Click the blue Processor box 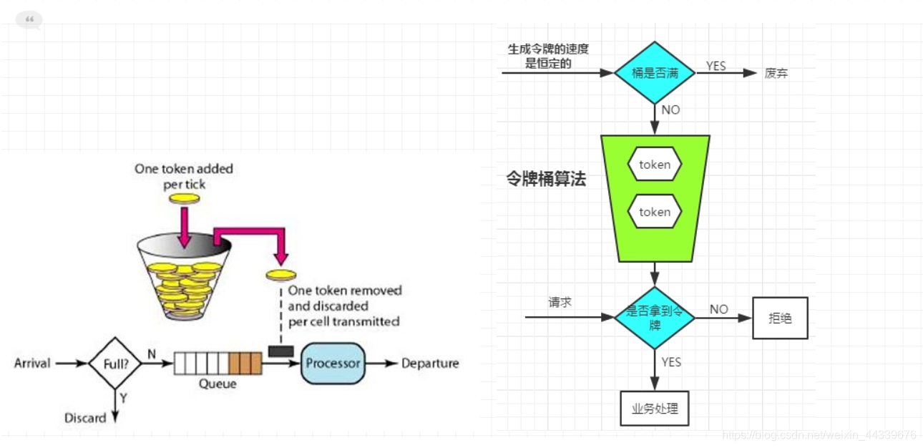tap(333, 363)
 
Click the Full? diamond tap(114, 364)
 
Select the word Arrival tap(32, 364)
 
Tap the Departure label tap(429, 364)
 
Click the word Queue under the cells tap(218, 384)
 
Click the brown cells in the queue tap(245, 363)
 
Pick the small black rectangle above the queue tap(280, 351)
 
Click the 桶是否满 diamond tap(654, 72)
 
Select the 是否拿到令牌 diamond tap(654, 317)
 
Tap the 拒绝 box tap(780, 318)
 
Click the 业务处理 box tap(654, 409)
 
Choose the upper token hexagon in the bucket tap(655, 165)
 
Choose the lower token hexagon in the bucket tap(655, 212)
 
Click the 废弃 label tap(776, 73)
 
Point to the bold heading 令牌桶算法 tap(546, 180)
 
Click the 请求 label tap(560, 302)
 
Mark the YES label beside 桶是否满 tap(716, 66)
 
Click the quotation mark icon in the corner tap(29, 20)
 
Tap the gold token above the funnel tap(184, 198)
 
